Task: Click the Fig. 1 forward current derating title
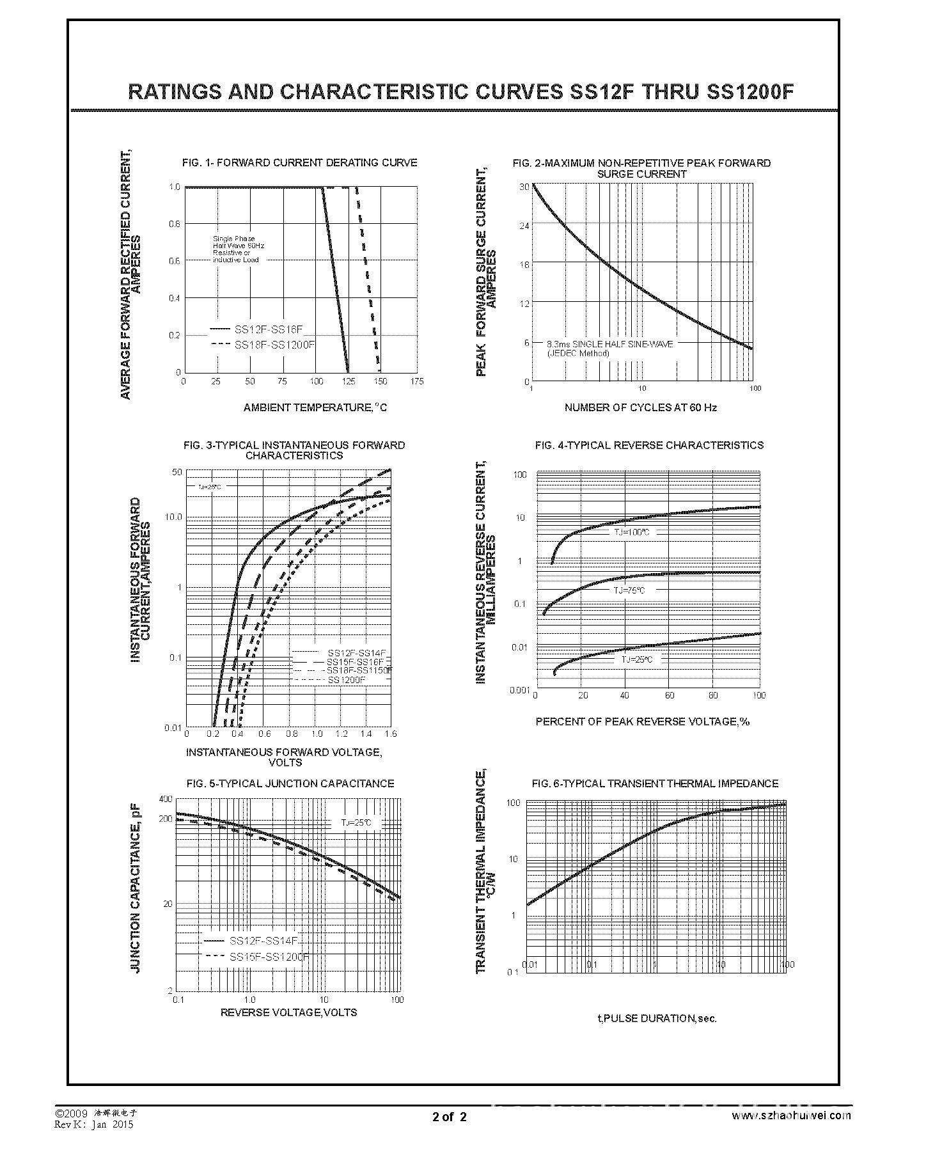tap(299, 163)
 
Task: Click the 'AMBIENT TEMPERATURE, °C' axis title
tap(315, 407)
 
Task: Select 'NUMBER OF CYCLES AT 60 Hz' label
tap(640, 407)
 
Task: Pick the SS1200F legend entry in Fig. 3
tap(346, 679)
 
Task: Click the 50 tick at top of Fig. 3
tap(177, 472)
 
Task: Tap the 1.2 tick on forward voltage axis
tap(341, 734)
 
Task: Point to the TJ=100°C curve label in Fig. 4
tap(631, 532)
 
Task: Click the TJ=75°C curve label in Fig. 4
tap(629, 590)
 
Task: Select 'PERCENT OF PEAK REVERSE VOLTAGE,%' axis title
tap(642, 721)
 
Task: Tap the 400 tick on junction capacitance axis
tap(166, 799)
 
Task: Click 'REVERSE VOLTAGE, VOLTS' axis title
tap(288, 1012)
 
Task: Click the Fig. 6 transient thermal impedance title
tap(655, 783)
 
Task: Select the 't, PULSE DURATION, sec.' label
tap(657, 1018)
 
